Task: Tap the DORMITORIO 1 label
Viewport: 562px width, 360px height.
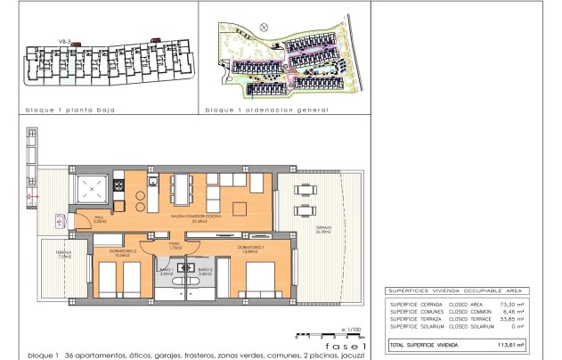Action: tap(252, 248)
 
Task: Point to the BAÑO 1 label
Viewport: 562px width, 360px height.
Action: tap(166, 271)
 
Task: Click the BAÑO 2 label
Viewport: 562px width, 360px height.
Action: tap(204, 271)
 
